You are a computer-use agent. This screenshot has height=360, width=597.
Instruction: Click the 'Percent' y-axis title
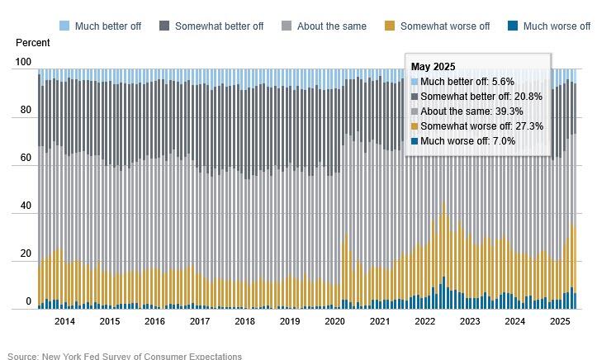(32, 43)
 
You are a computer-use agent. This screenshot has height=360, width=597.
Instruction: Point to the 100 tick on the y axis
(23, 63)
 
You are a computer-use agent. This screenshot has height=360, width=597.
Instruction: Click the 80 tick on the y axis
(26, 111)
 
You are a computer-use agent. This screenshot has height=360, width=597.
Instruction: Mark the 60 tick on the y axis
(26, 159)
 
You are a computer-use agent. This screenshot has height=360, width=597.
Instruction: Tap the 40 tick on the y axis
(26, 206)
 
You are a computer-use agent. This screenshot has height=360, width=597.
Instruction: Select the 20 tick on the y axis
(26, 254)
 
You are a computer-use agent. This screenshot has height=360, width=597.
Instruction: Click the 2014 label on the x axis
(64, 321)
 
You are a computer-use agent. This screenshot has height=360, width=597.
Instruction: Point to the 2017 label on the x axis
(199, 321)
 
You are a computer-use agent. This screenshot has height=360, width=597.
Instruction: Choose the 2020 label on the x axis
(334, 321)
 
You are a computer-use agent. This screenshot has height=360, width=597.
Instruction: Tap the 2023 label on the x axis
(469, 321)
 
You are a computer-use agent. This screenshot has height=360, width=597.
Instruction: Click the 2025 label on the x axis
(559, 321)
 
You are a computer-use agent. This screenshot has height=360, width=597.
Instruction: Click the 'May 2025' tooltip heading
(434, 67)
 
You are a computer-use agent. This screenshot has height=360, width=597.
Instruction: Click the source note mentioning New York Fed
(125, 356)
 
